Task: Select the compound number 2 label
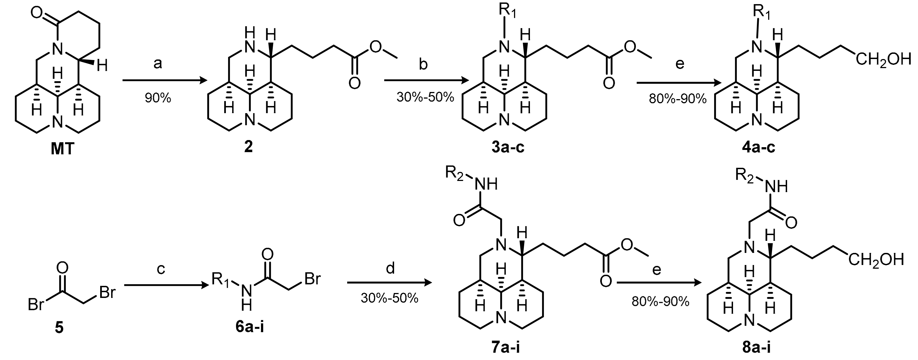[248, 146]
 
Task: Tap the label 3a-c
[508, 146]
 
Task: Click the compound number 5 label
[59, 327]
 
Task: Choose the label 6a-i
[249, 326]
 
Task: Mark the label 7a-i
[506, 347]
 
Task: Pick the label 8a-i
[756, 347]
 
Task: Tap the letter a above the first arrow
[158, 64]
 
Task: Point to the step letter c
[161, 269]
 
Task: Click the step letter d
[390, 268]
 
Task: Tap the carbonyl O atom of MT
[36, 13]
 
